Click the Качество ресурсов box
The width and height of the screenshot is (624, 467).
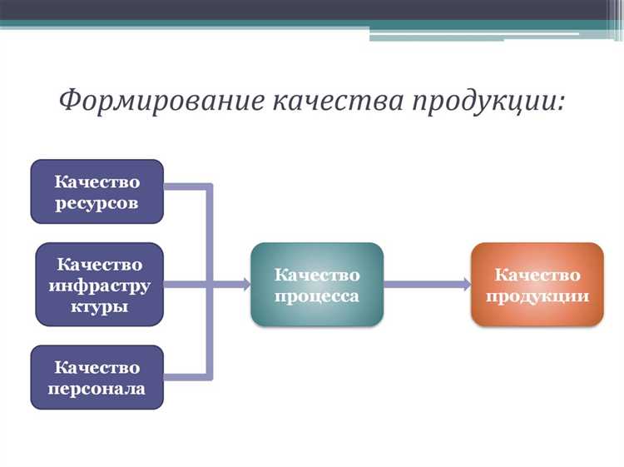97,191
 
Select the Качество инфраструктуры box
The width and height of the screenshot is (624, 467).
99,284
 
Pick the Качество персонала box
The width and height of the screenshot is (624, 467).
97,377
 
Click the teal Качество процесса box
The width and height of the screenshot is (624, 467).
317,285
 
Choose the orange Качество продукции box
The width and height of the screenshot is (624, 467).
537,284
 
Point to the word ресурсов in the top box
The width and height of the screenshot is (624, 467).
97,202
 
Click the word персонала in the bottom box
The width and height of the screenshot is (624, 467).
97,388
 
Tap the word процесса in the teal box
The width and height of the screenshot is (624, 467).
317,296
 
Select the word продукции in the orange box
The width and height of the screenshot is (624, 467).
537,296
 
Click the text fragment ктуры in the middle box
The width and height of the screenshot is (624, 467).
99,306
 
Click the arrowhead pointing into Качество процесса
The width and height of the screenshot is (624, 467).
245,285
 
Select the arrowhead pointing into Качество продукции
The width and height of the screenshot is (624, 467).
465,285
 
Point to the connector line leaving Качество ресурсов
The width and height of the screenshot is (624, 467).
187,187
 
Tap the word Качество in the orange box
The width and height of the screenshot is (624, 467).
537,274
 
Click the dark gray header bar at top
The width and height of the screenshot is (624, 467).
312,9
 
